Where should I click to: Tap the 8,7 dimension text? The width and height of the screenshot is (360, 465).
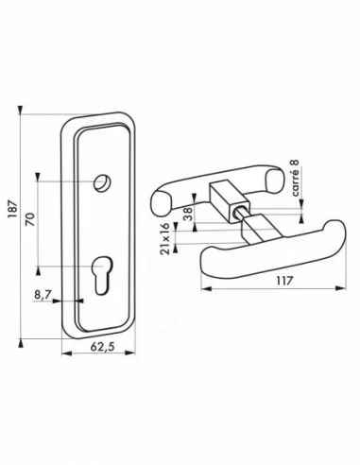pyautogui.click(x=43, y=295)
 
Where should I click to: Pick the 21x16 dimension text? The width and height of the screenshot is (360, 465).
pyautogui.click(x=167, y=234)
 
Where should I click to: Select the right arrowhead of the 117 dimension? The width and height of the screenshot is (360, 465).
pyautogui.click(x=327, y=291)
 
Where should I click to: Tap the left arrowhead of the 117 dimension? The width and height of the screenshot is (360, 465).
pyautogui.click(x=205, y=291)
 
